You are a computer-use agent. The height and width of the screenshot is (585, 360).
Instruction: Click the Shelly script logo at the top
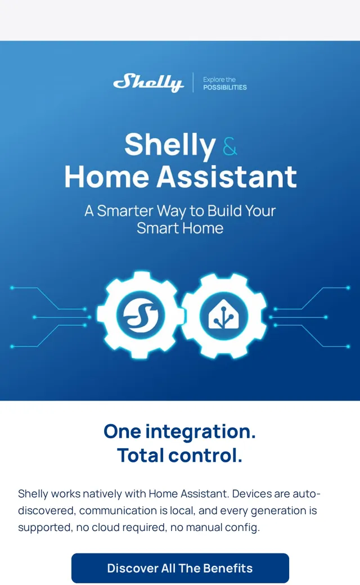point(148,83)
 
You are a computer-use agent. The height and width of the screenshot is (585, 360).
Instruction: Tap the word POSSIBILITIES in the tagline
point(225,88)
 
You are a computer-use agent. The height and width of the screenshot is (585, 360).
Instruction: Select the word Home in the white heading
point(107,177)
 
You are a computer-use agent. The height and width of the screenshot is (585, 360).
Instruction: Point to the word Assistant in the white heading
point(227,177)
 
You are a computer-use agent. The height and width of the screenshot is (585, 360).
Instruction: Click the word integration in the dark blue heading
point(200,432)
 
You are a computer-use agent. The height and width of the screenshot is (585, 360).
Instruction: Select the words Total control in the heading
point(180,456)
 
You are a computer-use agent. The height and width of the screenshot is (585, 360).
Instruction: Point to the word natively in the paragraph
point(102,494)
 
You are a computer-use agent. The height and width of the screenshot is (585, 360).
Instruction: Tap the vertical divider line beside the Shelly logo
point(193,83)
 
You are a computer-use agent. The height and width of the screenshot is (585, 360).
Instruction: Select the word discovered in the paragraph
point(47,511)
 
